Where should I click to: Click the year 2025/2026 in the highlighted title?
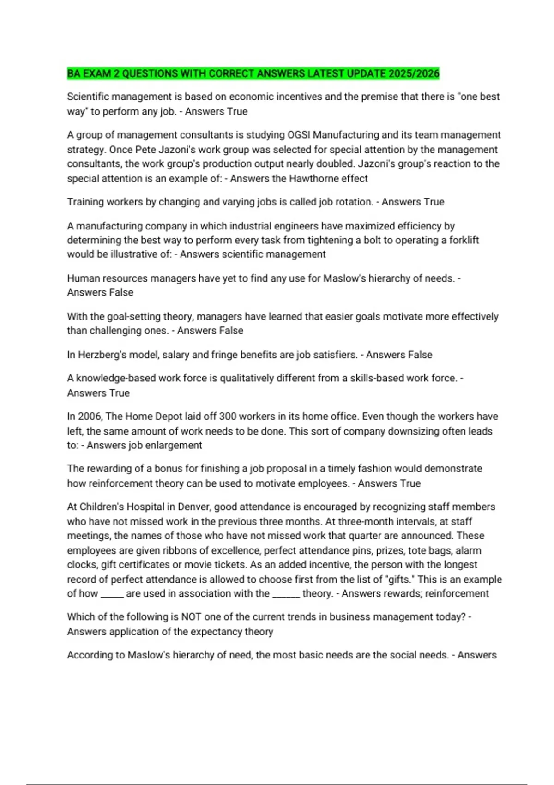[414, 73]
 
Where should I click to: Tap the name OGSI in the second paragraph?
[299, 135]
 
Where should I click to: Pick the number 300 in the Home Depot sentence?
[228, 416]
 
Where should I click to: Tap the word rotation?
[353, 202]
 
